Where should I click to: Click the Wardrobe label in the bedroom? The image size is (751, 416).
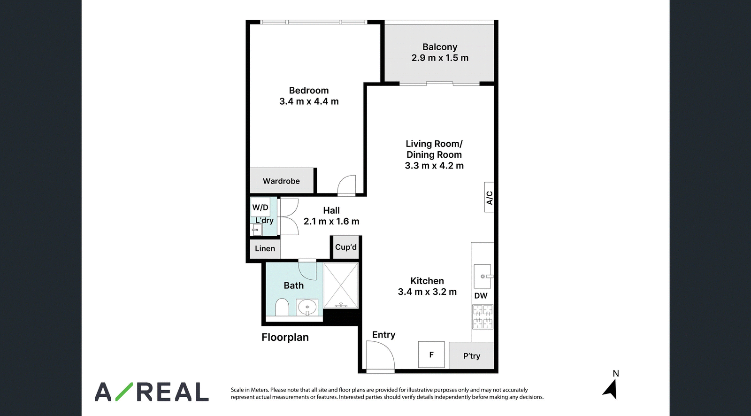(281, 181)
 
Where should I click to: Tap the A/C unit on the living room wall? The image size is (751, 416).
(489, 197)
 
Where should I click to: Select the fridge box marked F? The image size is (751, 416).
(431, 354)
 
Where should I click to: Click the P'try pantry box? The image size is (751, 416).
(471, 355)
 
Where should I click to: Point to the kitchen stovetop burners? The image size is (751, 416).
(483, 317)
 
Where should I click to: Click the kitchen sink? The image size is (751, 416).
(483, 277)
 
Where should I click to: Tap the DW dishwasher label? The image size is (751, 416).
(481, 296)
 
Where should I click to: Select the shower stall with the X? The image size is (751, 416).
(341, 285)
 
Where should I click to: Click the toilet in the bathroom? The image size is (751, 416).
(282, 307)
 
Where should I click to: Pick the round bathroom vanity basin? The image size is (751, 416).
(307, 307)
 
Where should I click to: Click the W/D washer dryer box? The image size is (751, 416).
(261, 207)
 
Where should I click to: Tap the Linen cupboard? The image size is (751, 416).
(265, 248)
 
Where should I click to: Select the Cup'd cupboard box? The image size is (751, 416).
(345, 247)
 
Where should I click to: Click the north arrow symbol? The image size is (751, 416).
(611, 390)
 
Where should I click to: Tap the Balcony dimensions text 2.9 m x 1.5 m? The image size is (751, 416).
(440, 58)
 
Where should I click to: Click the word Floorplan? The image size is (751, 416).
(285, 338)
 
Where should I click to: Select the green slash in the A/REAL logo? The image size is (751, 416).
(124, 392)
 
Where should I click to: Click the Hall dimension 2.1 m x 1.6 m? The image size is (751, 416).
(331, 222)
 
